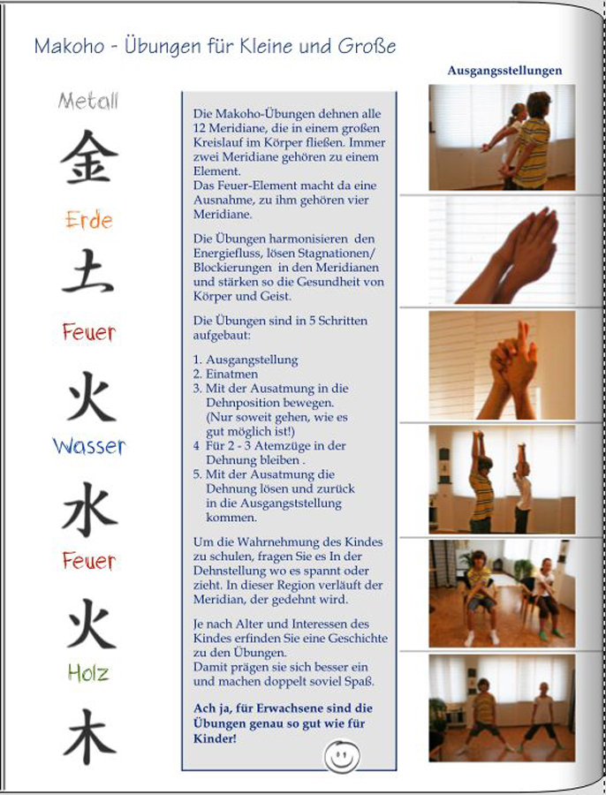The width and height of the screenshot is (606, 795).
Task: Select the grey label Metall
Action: (88, 101)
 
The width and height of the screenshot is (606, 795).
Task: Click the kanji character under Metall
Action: (89, 156)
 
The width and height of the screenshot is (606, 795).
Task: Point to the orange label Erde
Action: (88, 220)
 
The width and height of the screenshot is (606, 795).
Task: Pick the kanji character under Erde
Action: (87, 271)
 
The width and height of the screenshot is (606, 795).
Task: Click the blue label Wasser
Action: (88, 446)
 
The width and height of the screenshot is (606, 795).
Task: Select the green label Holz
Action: (88, 673)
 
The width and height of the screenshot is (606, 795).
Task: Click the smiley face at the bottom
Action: (342, 756)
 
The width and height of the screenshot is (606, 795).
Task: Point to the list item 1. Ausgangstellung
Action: (246, 360)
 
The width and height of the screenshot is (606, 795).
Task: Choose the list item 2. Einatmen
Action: (225, 375)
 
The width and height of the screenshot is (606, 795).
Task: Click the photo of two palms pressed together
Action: (502, 251)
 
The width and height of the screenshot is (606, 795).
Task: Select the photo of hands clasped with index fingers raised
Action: (502, 365)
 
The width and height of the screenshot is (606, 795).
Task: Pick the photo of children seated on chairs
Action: (502, 594)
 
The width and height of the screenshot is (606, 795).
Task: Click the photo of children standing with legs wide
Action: (502, 708)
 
